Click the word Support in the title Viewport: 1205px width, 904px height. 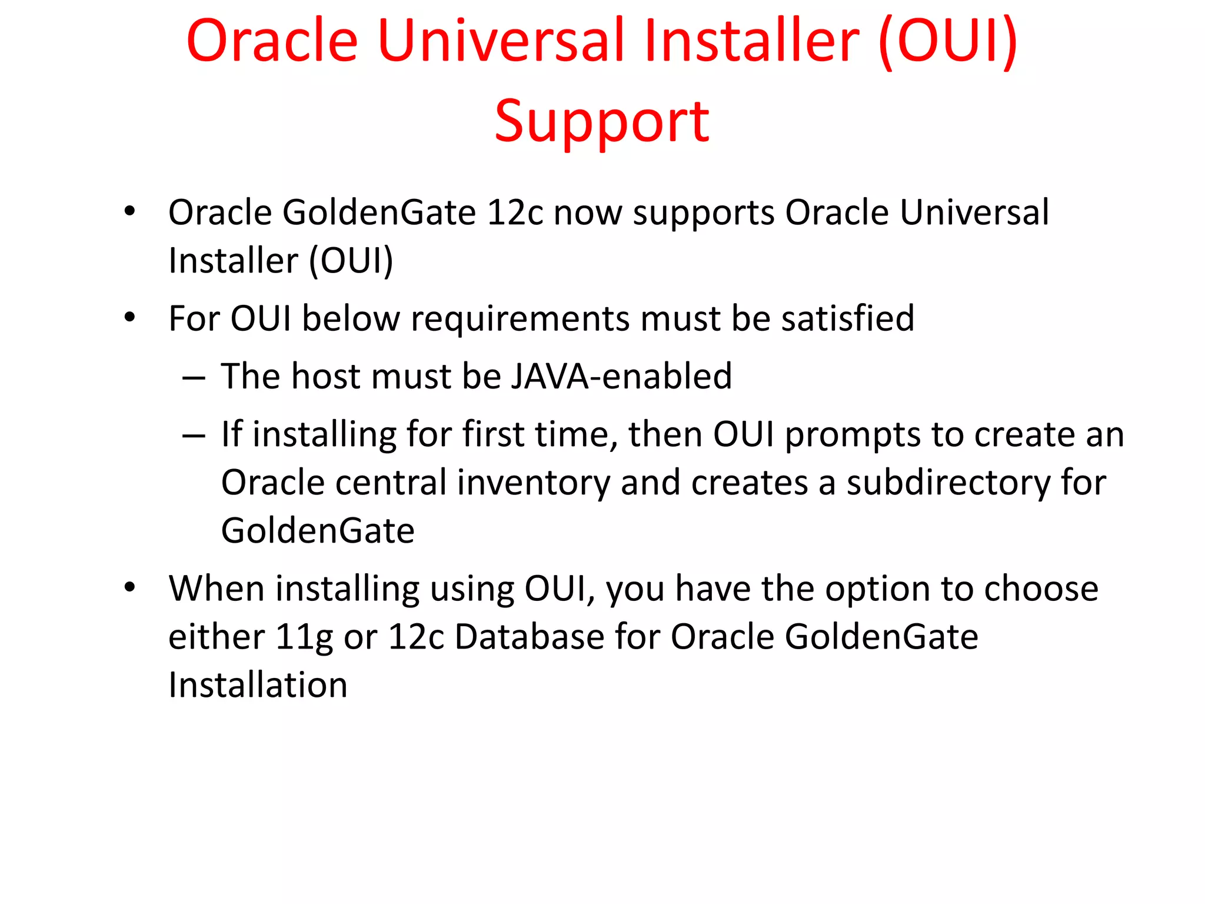pyautogui.click(x=602, y=122)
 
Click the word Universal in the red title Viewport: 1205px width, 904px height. pyautogui.click(x=504, y=41)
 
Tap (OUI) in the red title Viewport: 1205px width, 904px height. pyautogui.click(x=948, y=41)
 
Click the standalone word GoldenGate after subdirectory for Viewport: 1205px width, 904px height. pyautogui.click(x=318, y=531)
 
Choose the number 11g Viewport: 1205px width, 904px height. pyautogui.click(x=304, y=638)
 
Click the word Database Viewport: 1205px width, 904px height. pyautogui.click(x=529, y=637)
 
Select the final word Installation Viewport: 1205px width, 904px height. pyautogui.click(x=258, y=685)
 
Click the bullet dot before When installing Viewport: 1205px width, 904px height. pyautogui.click(x=130, y=587)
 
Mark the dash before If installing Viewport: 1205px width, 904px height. pyautogui.click(x=194, y=436)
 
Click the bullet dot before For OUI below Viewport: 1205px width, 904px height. pyautogui.click(x=130, y=318)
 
